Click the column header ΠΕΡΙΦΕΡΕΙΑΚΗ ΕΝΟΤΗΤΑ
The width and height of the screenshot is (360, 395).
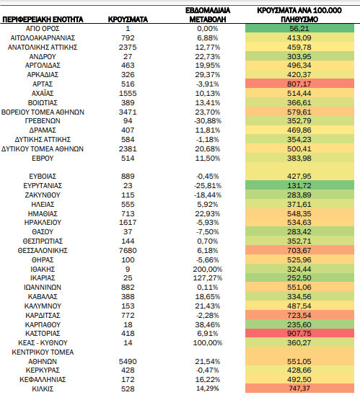43,19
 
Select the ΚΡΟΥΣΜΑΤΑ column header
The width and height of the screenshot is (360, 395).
128,19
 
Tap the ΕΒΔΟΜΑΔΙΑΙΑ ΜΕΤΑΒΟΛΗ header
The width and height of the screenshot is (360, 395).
208,15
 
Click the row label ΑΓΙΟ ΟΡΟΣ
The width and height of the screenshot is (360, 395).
43,28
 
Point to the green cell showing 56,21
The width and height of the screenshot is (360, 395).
299,28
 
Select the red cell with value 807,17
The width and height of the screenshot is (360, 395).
299,84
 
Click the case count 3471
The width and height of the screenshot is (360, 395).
128,112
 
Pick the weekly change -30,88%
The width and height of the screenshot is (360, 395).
208,121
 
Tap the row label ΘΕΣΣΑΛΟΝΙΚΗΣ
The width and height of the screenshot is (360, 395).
43,250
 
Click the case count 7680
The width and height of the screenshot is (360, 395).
128,250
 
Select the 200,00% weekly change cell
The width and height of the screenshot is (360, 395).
208,269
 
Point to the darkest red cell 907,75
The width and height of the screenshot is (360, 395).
299,333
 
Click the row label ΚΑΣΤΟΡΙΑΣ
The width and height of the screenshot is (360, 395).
43,333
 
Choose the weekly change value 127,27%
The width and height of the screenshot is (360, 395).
208,278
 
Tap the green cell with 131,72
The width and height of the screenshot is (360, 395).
299,185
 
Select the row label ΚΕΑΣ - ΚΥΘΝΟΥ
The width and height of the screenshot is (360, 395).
43,342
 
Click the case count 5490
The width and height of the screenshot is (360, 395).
128,361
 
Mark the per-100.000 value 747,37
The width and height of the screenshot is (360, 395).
299,389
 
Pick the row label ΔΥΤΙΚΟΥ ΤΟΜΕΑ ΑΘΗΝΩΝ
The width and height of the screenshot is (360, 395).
43,149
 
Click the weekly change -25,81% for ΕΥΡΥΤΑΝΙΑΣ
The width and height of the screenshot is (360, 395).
208,186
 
